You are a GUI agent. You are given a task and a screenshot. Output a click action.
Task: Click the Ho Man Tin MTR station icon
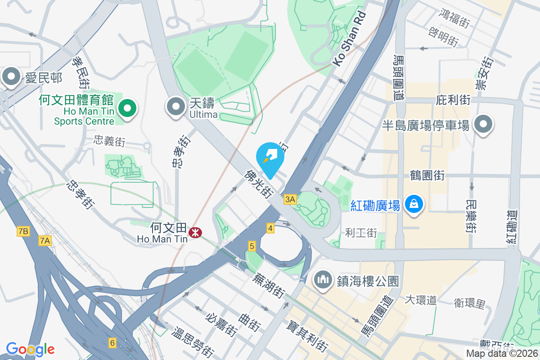click(x=195, y=233)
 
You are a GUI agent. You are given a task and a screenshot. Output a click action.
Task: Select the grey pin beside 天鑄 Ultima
click(x=176, y=107)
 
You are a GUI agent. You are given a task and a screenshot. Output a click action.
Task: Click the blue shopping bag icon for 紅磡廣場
click(x=413, y=204)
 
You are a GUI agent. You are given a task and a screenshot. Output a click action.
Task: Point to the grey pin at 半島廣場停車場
click(x=483, y=124)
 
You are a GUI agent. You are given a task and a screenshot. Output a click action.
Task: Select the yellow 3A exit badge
click(x=290, y=199)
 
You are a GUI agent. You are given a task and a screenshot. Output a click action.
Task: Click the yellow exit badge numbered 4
click(x=270, y=228)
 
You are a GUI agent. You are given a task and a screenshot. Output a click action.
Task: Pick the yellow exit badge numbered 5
click(x=252, y=246)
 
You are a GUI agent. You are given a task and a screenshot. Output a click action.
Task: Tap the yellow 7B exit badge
click(x=23, y=232)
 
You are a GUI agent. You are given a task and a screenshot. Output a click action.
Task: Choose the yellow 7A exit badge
click(x=45, y=241)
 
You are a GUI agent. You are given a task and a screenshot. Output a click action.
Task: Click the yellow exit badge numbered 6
click(x=112, y=343)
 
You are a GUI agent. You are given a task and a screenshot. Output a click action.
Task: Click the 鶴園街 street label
click(x=427, y=175)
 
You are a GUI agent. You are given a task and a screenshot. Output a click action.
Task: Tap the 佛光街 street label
click(x=258, y=184)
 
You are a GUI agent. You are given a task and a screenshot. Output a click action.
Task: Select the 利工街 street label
click(x=361, y=233)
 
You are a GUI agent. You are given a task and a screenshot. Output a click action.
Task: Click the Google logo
click(x=30, y=349)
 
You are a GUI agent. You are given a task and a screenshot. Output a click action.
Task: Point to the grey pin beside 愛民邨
click(x=11, y=77)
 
